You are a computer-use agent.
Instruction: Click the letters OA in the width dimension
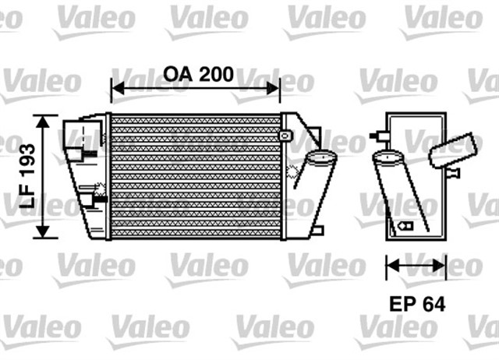(x=177, y=75)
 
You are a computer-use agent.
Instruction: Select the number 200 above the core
(x=214, y=75)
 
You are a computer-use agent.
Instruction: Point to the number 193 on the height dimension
(x=27, y=156)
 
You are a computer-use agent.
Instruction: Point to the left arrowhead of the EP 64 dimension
(x=391, y=266)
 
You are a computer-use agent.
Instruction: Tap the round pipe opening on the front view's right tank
(x=320, y=159)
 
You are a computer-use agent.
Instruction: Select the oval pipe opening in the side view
(x=388, y=158)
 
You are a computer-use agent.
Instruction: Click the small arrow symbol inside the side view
(x=405, y=225)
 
